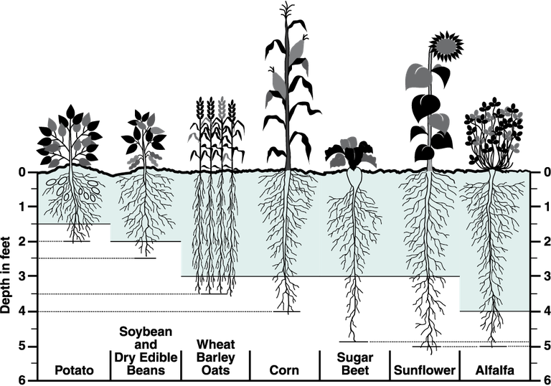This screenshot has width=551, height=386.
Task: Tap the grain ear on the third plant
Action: [221, 107]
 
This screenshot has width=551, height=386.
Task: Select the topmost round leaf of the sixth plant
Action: [446, 47]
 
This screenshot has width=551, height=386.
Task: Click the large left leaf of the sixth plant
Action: [417, 76]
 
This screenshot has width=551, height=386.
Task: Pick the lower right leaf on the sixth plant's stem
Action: [439, 122]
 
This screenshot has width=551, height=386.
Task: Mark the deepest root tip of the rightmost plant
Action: [493, 307]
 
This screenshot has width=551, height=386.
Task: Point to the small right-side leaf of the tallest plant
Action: [306, 68]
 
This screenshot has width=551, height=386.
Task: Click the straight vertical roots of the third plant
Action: [215, 222]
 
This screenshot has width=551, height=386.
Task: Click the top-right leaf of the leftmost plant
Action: [86, 119]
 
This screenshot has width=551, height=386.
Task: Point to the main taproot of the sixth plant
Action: [429, 222]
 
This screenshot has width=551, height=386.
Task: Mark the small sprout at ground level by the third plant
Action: [227, 157]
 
